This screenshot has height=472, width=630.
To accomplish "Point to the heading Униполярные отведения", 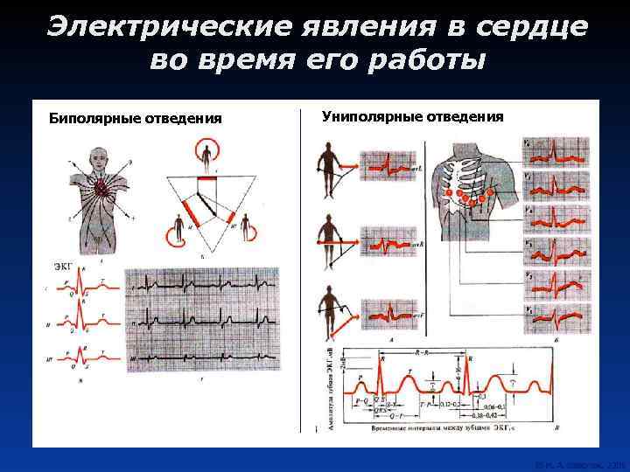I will [412, 115].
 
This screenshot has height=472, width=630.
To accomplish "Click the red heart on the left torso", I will [101, 187].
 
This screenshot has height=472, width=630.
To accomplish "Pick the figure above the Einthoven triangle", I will [206, 155].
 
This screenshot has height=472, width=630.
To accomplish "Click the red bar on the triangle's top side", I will [206, 178].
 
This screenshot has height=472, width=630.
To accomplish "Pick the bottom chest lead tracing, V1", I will [556, 320].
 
